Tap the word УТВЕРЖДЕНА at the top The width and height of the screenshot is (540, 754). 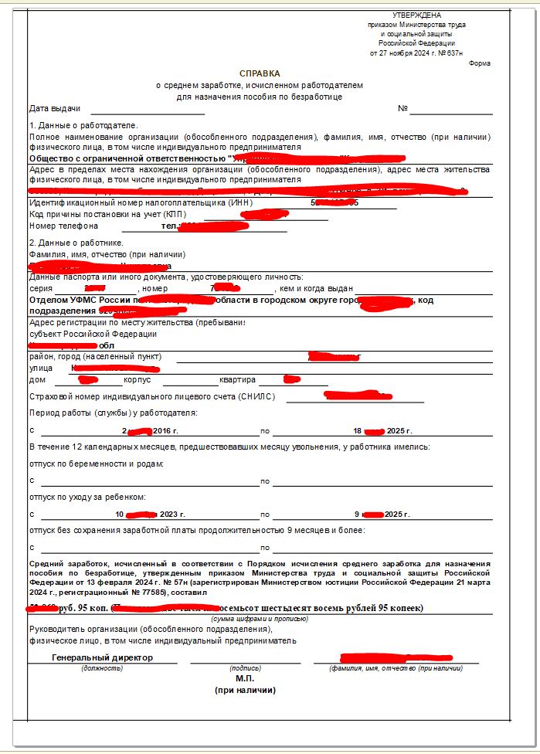coord(417,15)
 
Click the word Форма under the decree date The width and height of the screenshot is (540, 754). coord(479,63)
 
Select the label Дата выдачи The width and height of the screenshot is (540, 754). coord(55,108)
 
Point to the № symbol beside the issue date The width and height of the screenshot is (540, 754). coord(402,108)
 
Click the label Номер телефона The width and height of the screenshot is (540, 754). coord(64,226)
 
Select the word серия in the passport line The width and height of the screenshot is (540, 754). coord(41,288)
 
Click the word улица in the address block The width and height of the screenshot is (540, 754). coord(41,369)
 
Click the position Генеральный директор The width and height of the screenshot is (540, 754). coord(102,657)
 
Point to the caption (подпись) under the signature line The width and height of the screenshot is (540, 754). coord(245,667)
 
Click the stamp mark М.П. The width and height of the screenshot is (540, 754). coord(245,678)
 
